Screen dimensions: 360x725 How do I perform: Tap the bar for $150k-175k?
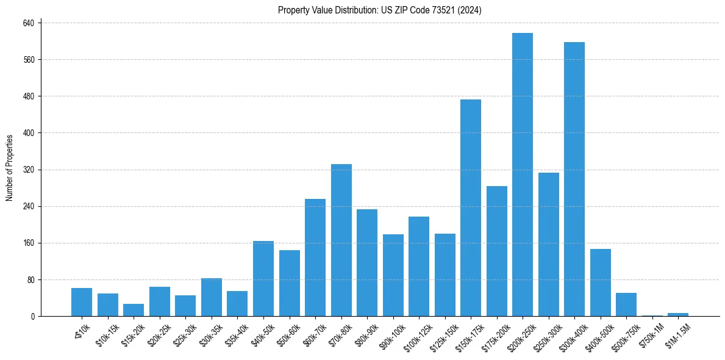[x=471, y=207]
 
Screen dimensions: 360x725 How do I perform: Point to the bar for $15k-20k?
[x=134, y=310]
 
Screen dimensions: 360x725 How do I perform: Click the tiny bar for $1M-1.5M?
[x=678, y=314]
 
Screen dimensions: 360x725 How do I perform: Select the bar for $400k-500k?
[x=600, y=283]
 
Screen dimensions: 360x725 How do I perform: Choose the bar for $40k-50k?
[x=263, y=278]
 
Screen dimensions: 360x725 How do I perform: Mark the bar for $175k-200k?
[x=496, y=251]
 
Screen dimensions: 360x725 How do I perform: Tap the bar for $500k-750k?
[x=626, y=304]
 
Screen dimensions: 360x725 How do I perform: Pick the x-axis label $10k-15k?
[x=107, y=333]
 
